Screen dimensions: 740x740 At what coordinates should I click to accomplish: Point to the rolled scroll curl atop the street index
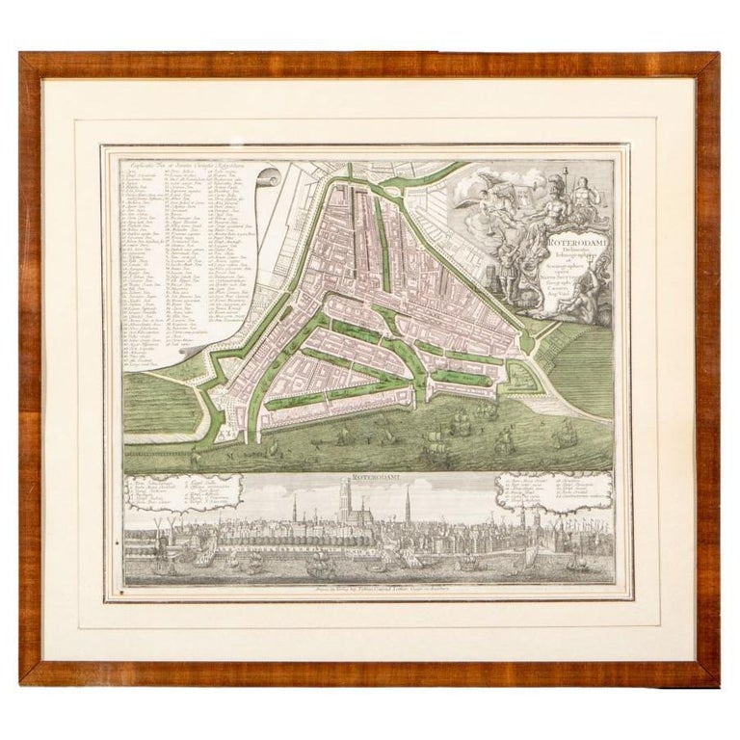pyautogui.click(x=271, y=179)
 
